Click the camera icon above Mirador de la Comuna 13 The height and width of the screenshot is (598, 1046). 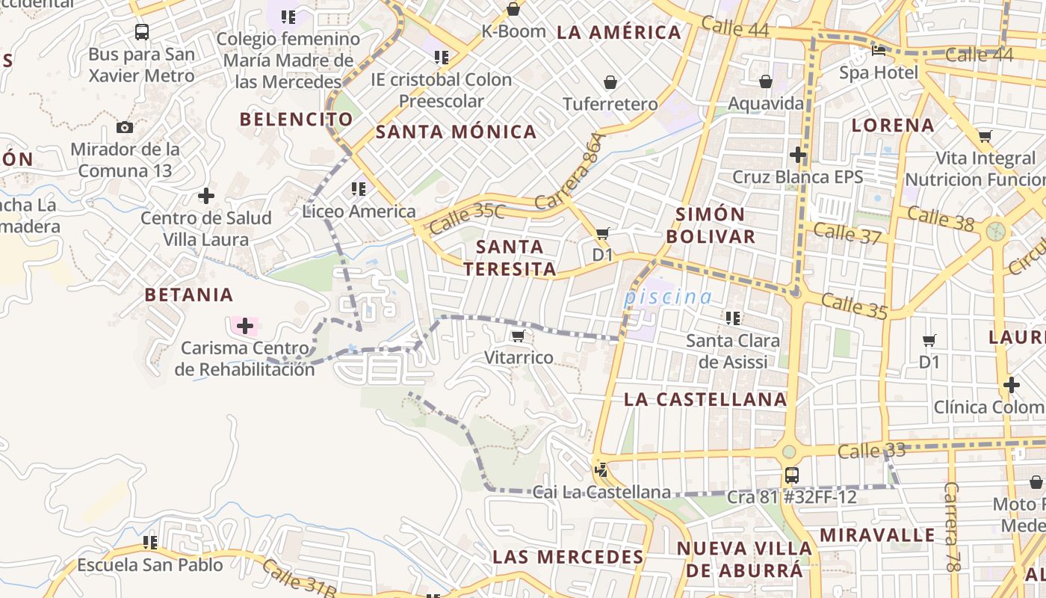(x=125, y=127)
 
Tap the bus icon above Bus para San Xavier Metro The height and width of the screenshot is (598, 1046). (x=141, y=32)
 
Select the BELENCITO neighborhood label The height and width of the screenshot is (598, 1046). (x=296, y=119)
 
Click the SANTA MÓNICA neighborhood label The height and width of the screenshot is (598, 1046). (x=456, y=132)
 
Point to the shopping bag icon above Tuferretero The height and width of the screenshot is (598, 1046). (x=610, y=82)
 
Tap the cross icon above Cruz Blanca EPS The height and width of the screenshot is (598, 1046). (x=798, y=155)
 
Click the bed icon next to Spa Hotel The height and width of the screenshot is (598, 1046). (x=879, y=52)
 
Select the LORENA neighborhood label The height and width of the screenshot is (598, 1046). (x=893, y=125)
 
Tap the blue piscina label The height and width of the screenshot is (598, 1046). (x=668, y=297)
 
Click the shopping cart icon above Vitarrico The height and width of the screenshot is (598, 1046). (x=519, y=336)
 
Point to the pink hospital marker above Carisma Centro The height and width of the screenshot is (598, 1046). (x=245, y=326)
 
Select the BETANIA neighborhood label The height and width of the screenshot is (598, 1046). (x=189, y=295)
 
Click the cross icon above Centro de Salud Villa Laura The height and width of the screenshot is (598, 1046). (x=205, y=197)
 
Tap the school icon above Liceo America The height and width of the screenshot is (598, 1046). (x=359, y=189)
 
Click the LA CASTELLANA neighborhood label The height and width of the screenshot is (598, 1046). (x=705, y=399)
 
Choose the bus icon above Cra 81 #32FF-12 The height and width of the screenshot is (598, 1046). (x=791, y=475)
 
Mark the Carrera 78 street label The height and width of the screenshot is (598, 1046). (x=952, y=527)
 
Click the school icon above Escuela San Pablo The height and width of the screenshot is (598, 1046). (x=150, y=542)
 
